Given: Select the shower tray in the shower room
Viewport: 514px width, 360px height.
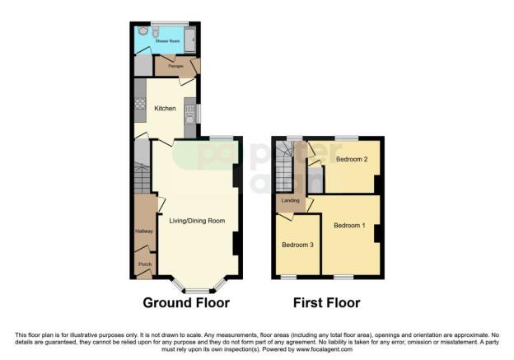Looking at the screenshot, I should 192,38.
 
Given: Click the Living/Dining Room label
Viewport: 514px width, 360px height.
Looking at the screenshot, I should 197,221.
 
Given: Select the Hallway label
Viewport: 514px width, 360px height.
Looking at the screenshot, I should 144,231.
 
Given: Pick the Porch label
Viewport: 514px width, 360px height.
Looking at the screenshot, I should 144,264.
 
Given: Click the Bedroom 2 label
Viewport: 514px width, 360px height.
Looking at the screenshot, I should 350,161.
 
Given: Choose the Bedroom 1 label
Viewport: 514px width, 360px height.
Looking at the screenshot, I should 349,225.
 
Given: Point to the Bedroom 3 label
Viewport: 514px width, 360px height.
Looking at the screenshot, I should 297,245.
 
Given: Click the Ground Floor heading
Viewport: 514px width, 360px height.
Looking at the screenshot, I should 186,303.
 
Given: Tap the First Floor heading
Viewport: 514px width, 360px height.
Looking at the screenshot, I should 327,303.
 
